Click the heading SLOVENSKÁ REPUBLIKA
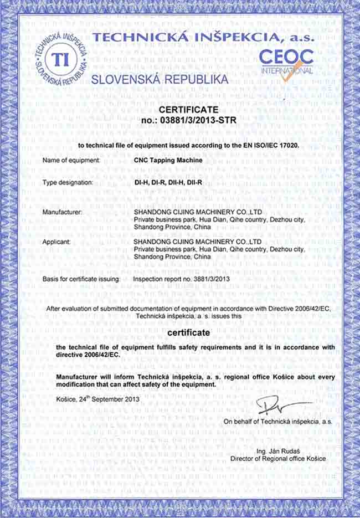pyautogui.click(x=160, y=79)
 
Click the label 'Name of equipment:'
pyautogui.click(x=71, y=160)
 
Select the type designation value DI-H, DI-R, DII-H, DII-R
pyautogui.click(x=168, y=182)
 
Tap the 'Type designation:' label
pyautogui.click(x=68, y=182)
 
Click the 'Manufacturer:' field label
pyautogui.click(x=62, y=212)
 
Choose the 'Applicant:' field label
pyautogui.click(x=56, y=242)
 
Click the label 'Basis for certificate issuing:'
pyautogui.click(x=81, y=279)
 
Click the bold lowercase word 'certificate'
pyautogui.click(x=188, y=333)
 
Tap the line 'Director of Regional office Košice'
pyautogui.click(x=278, y=459)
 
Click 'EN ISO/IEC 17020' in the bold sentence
pyautogui.click(x=272, y=145)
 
